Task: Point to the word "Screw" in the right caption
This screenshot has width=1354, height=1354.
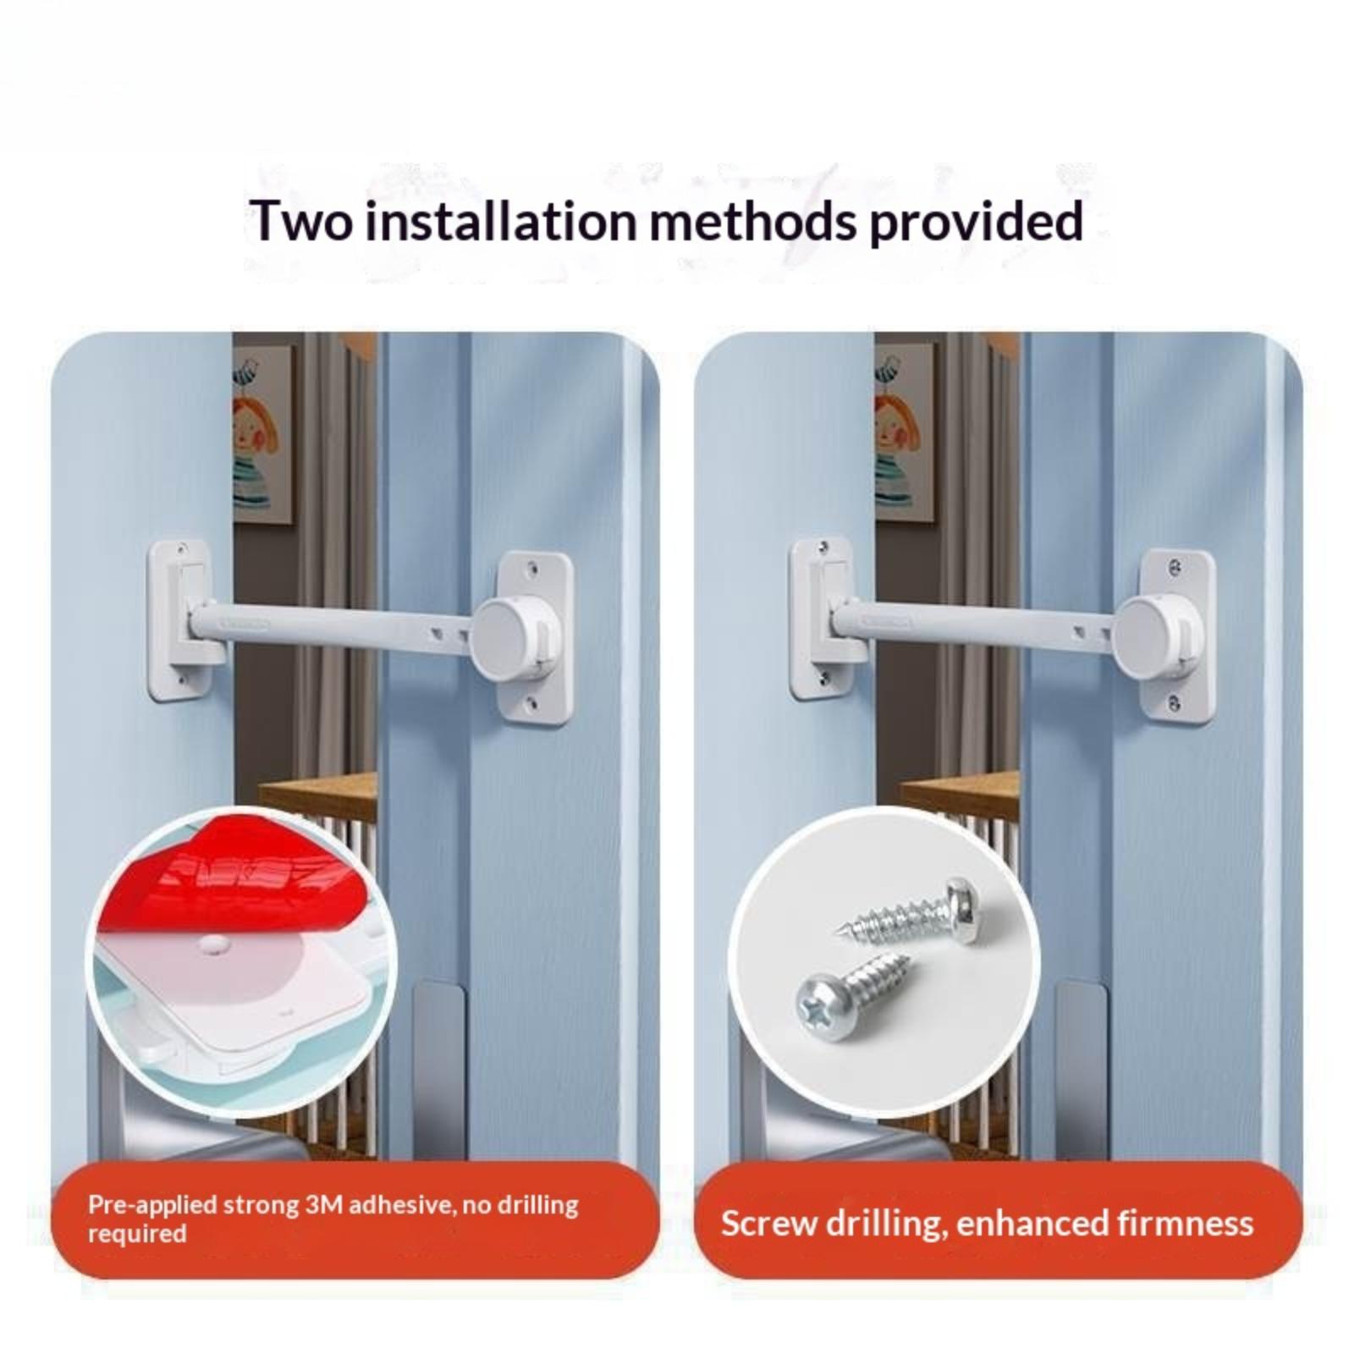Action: tap(767, 1224)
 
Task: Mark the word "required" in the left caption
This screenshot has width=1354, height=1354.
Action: tap(137, 1234)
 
